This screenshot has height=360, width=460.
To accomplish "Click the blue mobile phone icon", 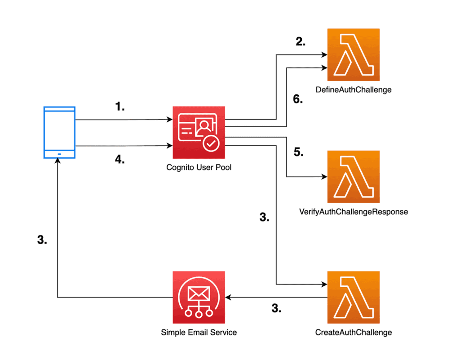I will coord(59,133).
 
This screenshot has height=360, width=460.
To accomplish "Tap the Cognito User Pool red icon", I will coord(199,133).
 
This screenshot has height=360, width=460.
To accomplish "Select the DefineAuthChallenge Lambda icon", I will coord(354,55).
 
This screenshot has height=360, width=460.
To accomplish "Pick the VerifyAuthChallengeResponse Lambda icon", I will coord(354,177).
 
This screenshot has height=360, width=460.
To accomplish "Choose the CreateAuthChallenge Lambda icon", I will coord(354,297).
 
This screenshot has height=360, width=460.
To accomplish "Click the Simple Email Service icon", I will coord(199,297).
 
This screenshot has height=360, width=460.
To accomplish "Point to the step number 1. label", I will coord(119,107).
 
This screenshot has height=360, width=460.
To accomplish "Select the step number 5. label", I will coord(298,152).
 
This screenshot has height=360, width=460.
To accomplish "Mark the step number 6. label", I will coord(298,100).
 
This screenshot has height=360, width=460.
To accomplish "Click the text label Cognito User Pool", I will coord(199,168).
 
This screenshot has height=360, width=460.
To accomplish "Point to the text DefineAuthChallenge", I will coord(354,90).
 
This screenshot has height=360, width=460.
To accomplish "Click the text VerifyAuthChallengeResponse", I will coord(354,211).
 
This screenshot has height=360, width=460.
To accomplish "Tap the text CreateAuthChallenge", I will coord(354,333).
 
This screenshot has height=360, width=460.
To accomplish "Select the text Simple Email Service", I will coord(199,333).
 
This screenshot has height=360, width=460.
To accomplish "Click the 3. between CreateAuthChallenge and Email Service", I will coord(276,308).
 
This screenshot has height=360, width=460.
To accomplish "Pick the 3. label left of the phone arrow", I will coord(42,240).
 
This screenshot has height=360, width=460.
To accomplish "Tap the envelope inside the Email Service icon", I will coord(199,294).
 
